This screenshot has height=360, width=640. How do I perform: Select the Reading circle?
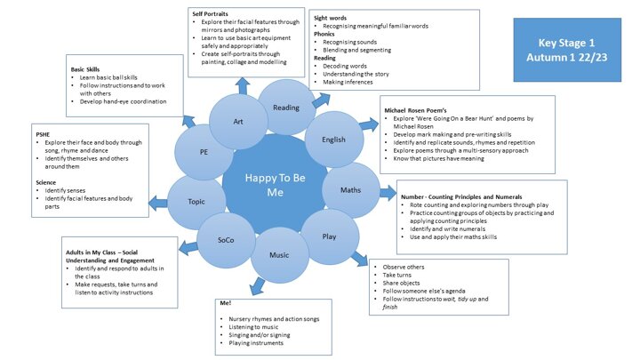coord(286,108)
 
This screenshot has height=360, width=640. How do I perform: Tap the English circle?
coord(333,139)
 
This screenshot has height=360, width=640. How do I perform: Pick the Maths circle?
coord(350,190)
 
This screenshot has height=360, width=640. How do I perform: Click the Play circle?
coord(328,236)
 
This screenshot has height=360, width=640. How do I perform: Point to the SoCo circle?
coord(228,240)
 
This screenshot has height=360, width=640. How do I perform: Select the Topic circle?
coord(196,201)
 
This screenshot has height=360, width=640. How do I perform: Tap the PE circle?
coord(204,152)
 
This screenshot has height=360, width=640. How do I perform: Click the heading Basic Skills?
coord(91,68)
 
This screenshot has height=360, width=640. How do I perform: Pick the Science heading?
coord(46,182)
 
